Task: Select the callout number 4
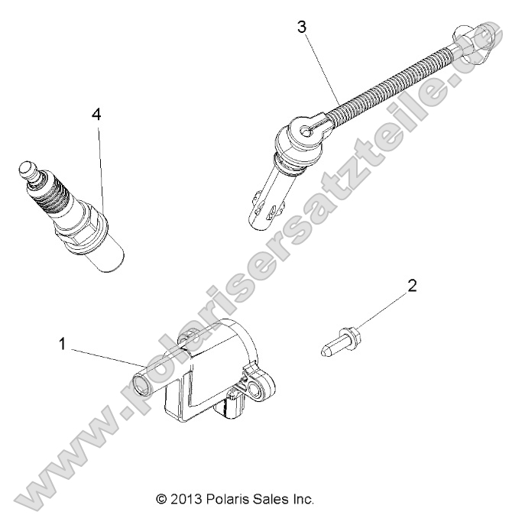[96, 114]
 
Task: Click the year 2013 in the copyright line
[186, 500]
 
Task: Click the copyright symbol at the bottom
[161, 500]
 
